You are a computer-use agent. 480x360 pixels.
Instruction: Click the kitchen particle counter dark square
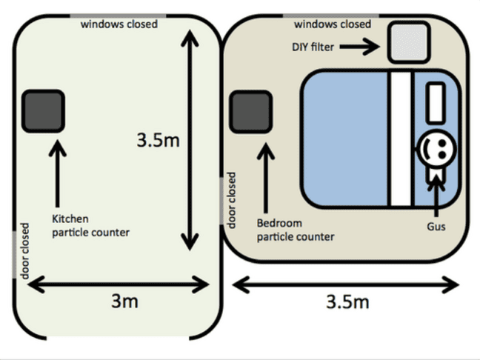click(43, 111)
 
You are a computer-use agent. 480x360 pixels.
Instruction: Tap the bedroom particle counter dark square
click(251, 112)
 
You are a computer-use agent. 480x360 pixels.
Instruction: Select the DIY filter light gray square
click(409, 42)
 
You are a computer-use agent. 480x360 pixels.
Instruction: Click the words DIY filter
click(313, 47)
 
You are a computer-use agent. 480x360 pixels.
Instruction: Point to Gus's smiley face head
click(438, 149)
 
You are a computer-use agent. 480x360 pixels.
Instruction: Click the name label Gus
click(436, 227)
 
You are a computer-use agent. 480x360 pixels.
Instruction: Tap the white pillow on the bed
click(436, 103)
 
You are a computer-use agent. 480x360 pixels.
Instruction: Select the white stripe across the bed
click(401, 139)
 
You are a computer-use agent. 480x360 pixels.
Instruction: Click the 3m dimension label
click(124, 301)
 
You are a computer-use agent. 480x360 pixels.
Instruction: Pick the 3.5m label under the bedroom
click(347, 301)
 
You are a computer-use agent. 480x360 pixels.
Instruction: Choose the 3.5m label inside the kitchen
click(158, 141)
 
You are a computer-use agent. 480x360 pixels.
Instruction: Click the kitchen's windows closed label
click(119, 24)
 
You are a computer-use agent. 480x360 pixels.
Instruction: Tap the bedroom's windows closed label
click(333, 24)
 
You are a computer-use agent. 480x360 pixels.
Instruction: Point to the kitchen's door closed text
click(24, 251)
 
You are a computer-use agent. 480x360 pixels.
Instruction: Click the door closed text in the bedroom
click(232, 200)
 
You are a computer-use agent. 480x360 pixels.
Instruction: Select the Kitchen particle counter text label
click(90, 226)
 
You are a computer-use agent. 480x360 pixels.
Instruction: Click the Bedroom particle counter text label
click(296, 230)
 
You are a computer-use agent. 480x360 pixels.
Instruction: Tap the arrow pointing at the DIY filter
click(360, 47)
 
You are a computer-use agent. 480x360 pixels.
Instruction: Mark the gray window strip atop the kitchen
click(119, 16)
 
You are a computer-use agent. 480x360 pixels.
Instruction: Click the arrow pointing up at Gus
click(436, 196)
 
